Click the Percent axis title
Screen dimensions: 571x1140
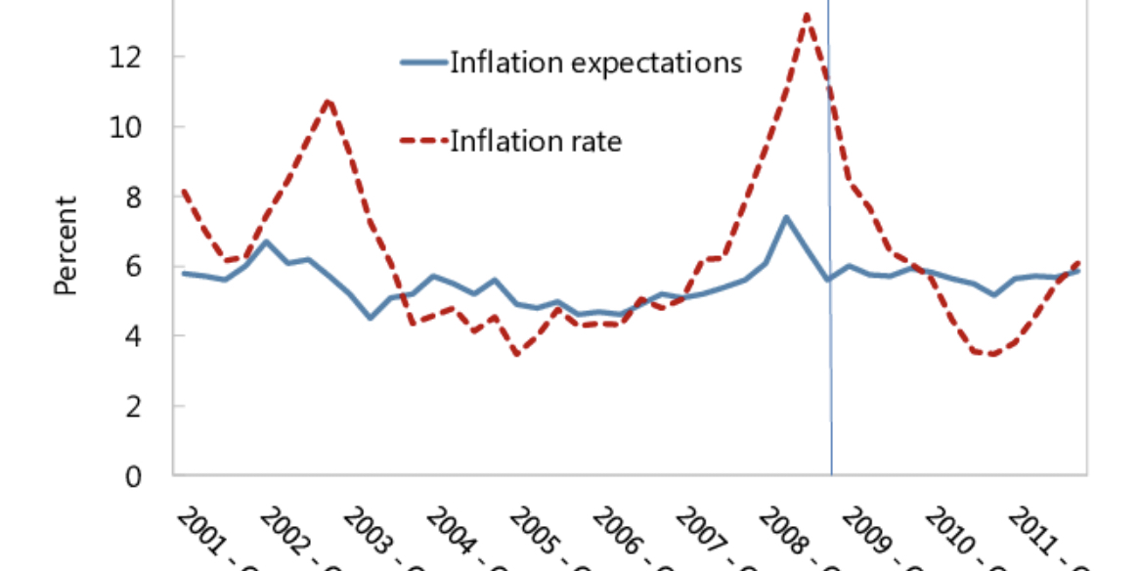pyautogui.click(x=66, y=245)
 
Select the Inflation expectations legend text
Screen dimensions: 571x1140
pyautogui.click(x=595, y=64)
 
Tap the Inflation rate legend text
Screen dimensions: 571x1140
pyautogui.click(x=535, y=141)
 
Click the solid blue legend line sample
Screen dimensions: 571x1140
pyautogui.click(x=423, y=63)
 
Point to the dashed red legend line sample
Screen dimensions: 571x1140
pyautogui.click(x=423, y=141)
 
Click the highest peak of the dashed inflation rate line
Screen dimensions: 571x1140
pyautogui.click(x=807, y=14)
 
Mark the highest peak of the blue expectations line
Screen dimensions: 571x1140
pyautogui.click(x=786, y=217)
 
